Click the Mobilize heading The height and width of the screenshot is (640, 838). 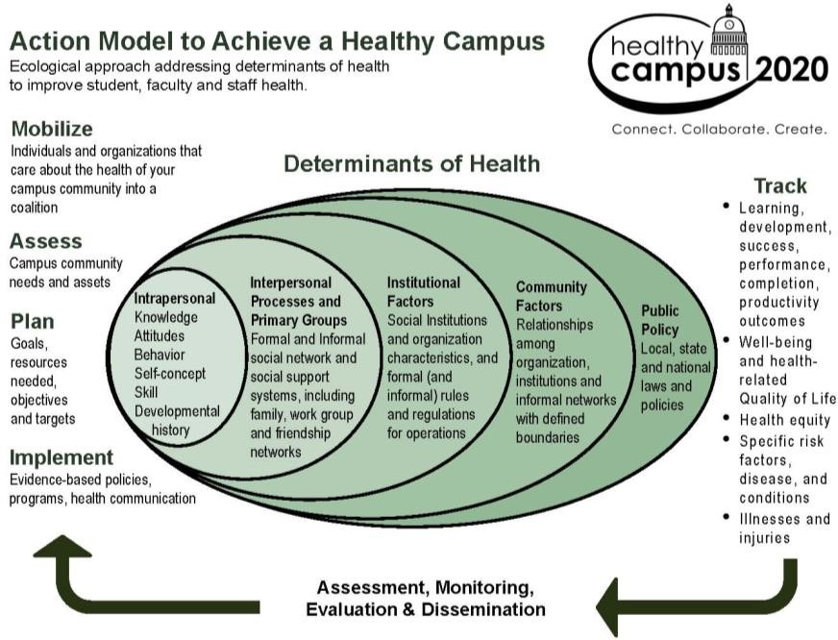click(52, 129)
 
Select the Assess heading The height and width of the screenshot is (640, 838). click(45, 241)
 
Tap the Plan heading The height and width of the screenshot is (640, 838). click(32, 321)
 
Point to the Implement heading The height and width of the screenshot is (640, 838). click(62, 457)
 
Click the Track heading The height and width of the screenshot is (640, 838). click(779, 186)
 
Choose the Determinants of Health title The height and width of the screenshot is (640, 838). click(411, 164)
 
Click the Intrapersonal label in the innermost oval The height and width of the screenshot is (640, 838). click(175, 298)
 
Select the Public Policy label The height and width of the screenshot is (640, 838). click(660, 320)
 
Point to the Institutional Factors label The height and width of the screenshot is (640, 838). click(423, 291)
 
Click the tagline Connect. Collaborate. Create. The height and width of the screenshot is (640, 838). click(719, 129)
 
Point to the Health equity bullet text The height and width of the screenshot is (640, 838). click(784, 420)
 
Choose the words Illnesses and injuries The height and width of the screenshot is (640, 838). click(783, 528)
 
